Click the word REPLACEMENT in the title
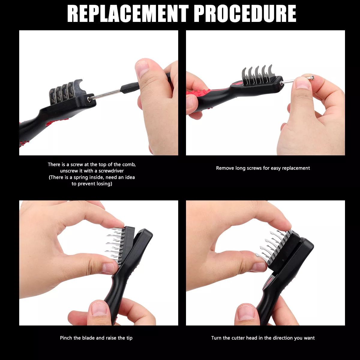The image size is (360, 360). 128,13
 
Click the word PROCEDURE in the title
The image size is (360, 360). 245,13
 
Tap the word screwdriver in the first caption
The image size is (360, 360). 111,171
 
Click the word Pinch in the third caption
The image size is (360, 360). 66,338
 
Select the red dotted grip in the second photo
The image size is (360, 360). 198,93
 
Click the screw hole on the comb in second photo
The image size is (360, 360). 281,82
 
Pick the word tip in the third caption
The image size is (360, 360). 129,338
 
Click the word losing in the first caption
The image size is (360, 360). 104,184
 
